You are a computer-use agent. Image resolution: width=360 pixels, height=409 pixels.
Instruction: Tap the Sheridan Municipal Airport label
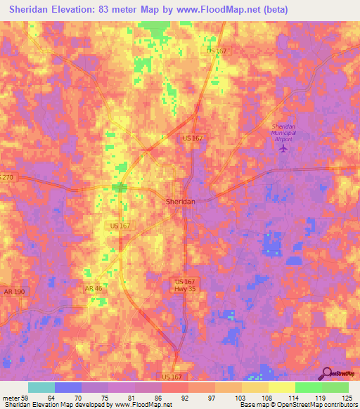tap(285, 133)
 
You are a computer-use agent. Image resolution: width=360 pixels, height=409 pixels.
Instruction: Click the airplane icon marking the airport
tap(284, 148)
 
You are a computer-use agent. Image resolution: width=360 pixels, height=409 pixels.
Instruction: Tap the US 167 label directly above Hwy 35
tap(184, 281)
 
